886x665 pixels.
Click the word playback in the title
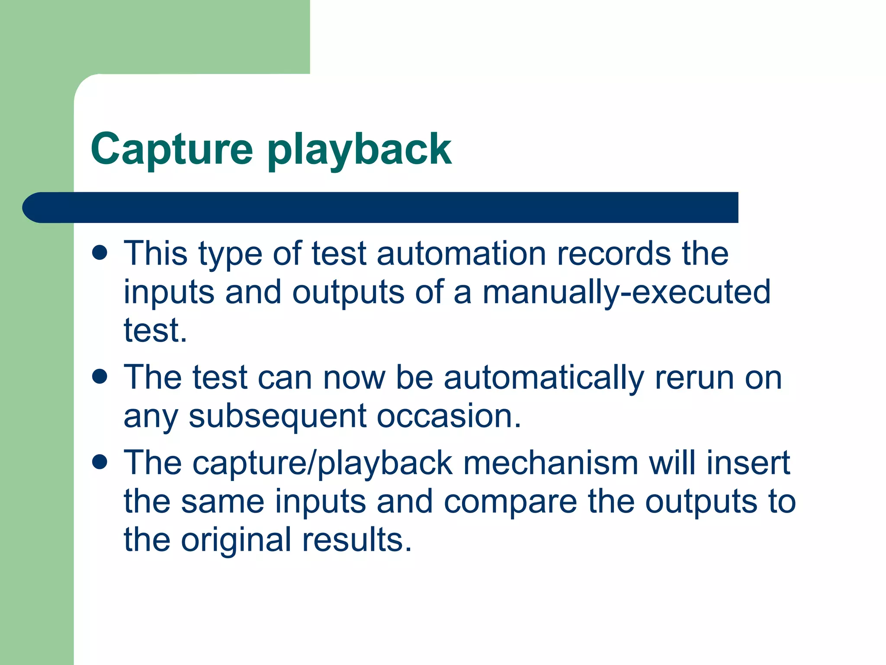tap(359, 149)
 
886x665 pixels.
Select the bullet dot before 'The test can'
tap(100, 376)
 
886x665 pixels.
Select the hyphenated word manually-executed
tap(626, 292)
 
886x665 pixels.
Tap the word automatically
tap(544, 378)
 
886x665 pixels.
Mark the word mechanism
tap(551, 463)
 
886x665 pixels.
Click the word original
tap(236, 540)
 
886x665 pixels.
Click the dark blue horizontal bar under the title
tap(381, 207)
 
